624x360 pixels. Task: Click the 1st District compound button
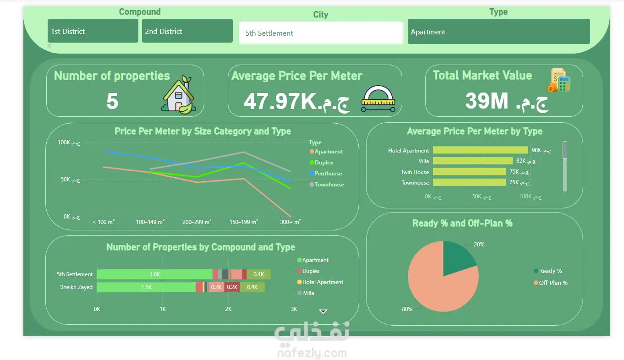click(93, 31)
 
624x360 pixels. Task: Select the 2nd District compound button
click(187, 31)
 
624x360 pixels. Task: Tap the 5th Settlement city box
click(321, 33)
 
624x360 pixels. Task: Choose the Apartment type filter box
click(498, 32)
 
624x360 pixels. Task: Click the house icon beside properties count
click(179, 95)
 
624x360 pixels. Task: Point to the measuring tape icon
click(378, 99)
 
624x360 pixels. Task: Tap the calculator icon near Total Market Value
click(559, 80)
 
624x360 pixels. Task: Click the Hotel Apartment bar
click(480, 150)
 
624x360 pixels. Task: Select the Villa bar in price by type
click(473, 161)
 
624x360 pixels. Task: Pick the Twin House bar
click(470, 171)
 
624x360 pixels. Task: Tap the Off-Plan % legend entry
click(550, 283)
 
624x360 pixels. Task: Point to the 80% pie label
click(407, 309)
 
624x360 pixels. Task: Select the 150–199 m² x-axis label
click(244, 222)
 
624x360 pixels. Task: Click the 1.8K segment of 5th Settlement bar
click(154, 274)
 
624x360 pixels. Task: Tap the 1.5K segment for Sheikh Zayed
click(147, 287)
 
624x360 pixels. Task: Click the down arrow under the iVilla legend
click(323, 311)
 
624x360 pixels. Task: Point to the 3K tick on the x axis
click(294, 309)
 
